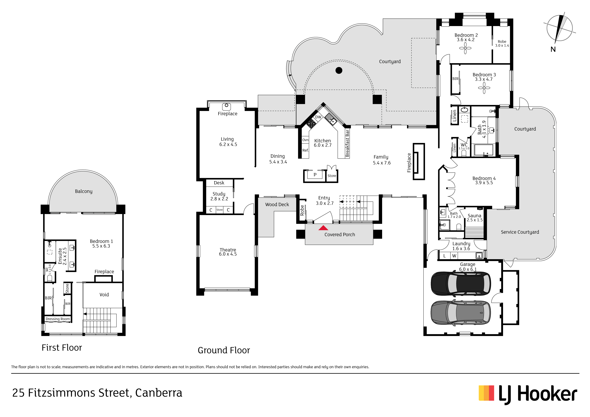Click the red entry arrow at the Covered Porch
click(x=323, y=228)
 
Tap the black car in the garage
click(x=461, y=283)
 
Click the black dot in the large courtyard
click(x=339, y=70)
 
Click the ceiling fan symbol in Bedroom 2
click(x=465, y=48)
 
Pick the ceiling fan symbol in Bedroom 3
click(x=484, y=88)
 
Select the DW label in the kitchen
click(x=318, y=117)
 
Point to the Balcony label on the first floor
click(x=84, y=191)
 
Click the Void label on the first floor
click(x=104, y=295)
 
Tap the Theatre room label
click(x=228, y=250)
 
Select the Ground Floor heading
click(x=224, y=350)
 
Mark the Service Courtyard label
click(x=520, y=232)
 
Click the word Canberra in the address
click(x=159, y=393)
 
